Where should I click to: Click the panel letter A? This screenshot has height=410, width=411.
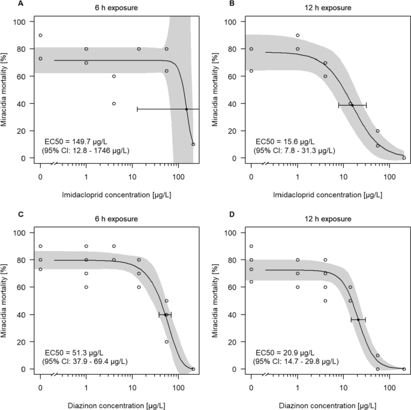pos(5,4)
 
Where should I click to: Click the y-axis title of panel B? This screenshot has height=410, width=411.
pos(214,89)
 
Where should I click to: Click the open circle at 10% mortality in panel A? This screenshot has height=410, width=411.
pos(193,144)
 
